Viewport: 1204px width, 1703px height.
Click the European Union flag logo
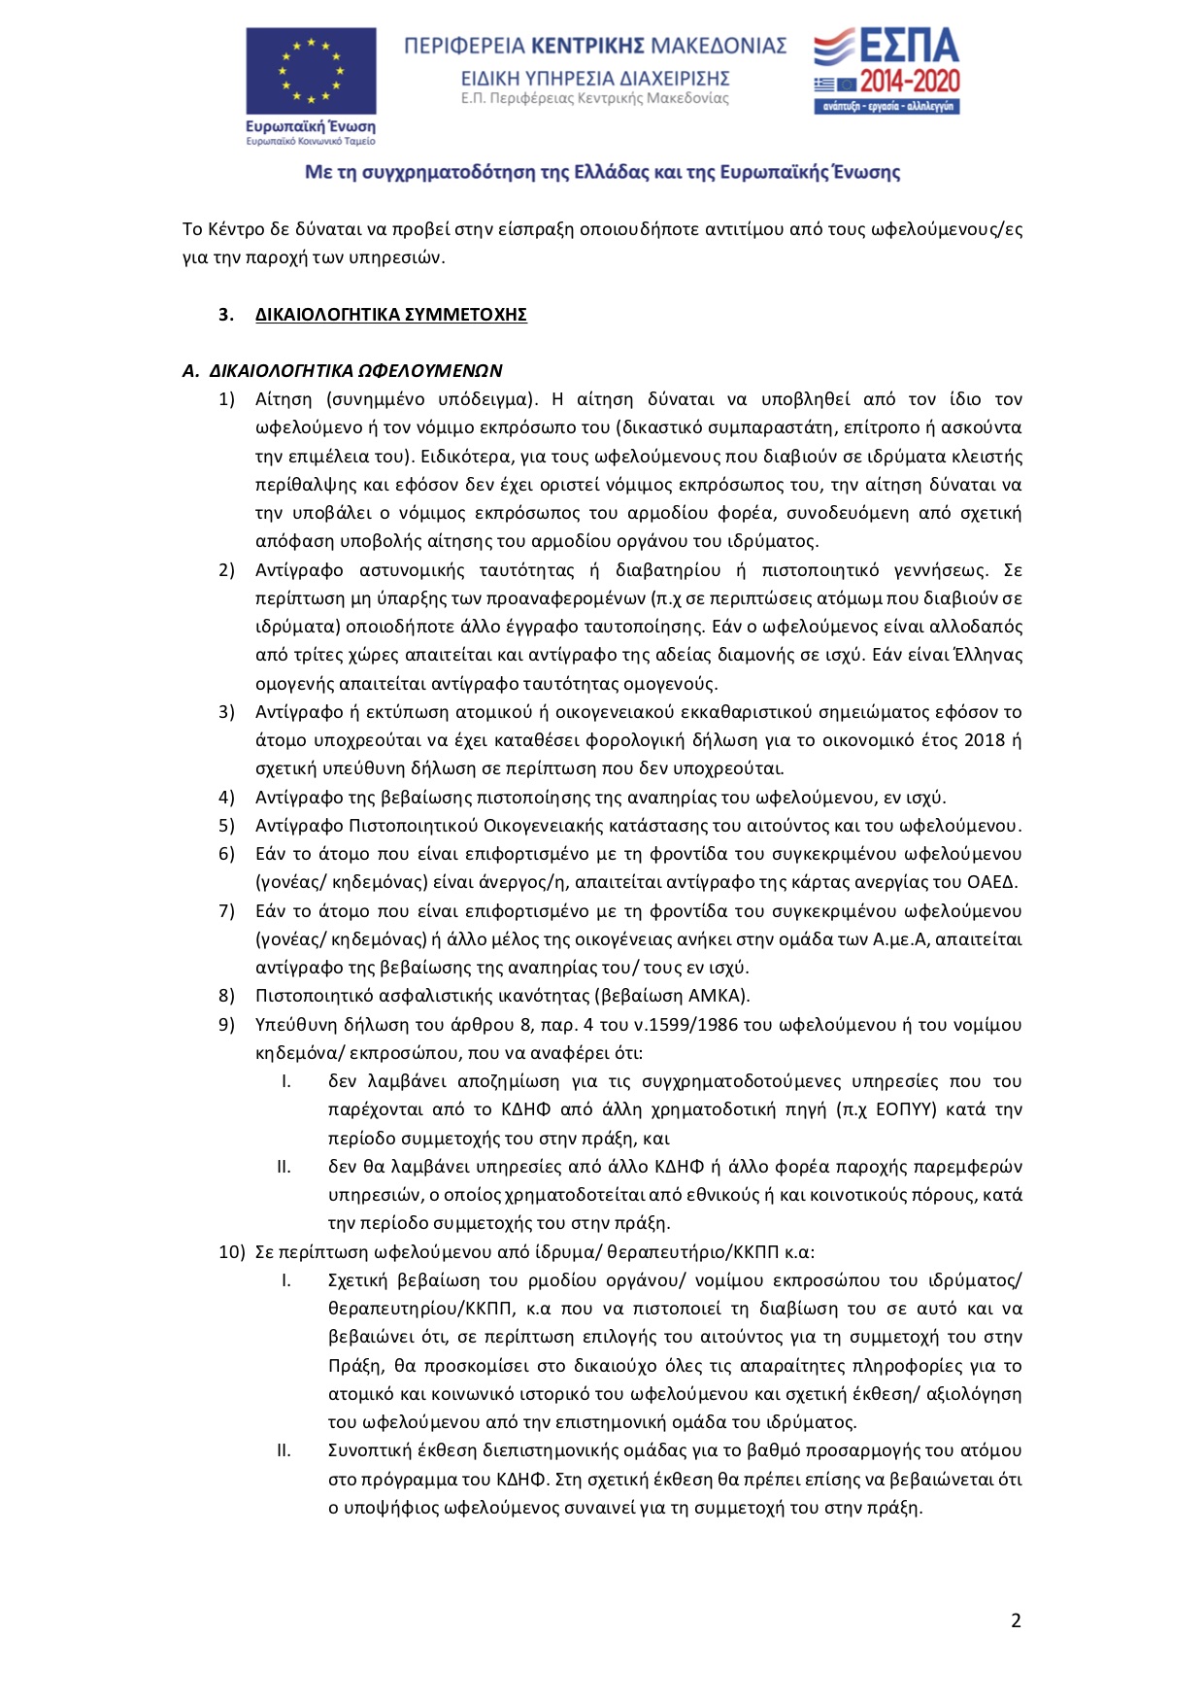point(311,71)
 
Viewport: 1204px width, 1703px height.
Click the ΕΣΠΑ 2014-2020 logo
point(886,71)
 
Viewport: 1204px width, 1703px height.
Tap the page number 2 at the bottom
point(1016,1619)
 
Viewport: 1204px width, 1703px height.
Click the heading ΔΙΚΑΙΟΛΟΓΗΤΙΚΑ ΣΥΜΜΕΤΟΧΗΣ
point(390,315)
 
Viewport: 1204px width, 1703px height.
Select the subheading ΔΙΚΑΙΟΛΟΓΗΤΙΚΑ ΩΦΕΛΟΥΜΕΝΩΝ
point(355,371)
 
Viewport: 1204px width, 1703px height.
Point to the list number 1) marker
point(226,399)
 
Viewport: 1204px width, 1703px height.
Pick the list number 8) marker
point(226,996)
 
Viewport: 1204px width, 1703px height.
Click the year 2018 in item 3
point(985,740)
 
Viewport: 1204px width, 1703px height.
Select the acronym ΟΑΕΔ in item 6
point(992,882)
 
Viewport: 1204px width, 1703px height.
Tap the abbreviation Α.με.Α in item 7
point(900,939)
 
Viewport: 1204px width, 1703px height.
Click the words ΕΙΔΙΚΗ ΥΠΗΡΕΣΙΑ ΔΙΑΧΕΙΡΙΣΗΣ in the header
point(595,79)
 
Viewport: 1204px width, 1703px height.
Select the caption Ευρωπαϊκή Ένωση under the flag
point(311,126)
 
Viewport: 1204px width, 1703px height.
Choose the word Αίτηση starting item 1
point(284,399)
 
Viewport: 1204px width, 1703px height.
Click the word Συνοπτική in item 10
point(368,1450)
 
